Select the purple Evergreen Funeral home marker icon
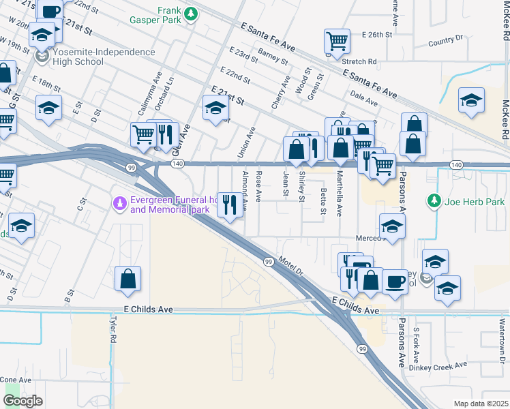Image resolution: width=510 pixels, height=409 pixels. (119, 203)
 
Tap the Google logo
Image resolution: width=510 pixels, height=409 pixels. (22, 401)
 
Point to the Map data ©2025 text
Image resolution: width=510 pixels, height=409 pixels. (480, 404)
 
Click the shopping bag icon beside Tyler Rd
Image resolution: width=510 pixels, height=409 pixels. (127, 279)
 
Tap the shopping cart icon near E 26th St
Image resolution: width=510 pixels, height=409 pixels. (337, 42)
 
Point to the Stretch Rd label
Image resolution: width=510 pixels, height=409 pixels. (362, 61)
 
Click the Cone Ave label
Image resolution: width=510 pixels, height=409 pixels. (16, 380)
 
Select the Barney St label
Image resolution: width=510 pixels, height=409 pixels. (273, 56)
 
